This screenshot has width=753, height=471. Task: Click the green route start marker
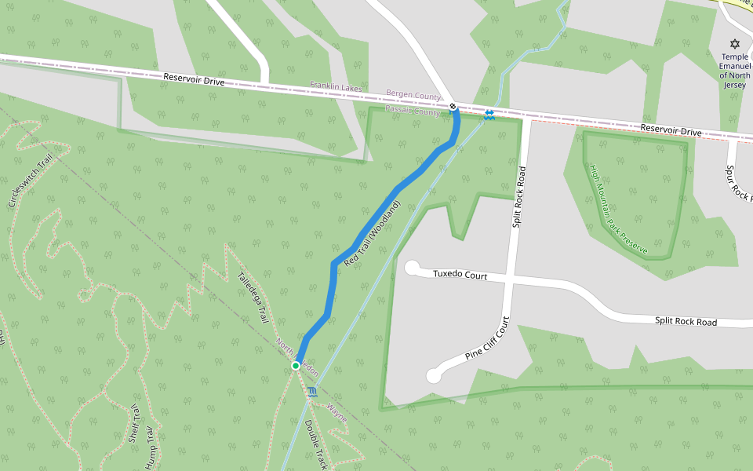pos(296,366)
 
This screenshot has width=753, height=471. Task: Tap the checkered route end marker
pos(453,106)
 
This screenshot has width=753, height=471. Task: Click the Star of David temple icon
pos(734,43)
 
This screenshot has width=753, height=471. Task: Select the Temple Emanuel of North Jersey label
pos(735,71)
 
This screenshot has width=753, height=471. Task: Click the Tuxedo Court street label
pos(460,276)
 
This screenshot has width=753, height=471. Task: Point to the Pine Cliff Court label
pos(487,338)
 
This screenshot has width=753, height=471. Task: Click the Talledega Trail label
pos(253,298)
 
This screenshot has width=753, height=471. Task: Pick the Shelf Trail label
pos(133,423)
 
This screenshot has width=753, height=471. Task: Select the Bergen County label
pos(413,96)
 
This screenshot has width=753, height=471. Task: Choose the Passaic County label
pos(413,112)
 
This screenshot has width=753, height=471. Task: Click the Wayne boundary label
pos(336,413)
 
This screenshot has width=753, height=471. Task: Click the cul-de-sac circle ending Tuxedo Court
pos(412,268)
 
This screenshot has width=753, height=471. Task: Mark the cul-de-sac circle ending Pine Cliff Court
pos(433,377)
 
